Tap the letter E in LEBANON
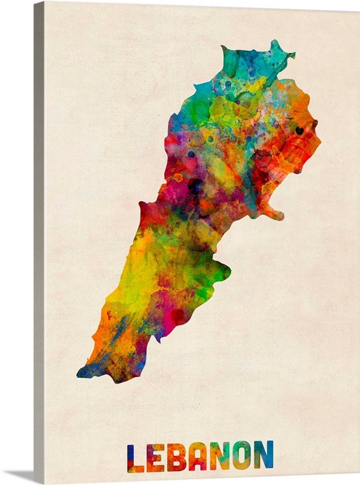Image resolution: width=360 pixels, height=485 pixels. pyautogui.click(x=155, y=458)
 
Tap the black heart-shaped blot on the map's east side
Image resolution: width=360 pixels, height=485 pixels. pyautogui.click(x=299, y=130)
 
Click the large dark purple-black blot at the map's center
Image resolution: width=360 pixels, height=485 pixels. pyautogui.click(x=195, y=186)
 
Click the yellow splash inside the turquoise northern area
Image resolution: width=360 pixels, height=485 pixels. pyautogui.click(x=255, y=85)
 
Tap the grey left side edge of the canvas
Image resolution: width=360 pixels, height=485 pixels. pyautogui.click(x=39, y=242)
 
